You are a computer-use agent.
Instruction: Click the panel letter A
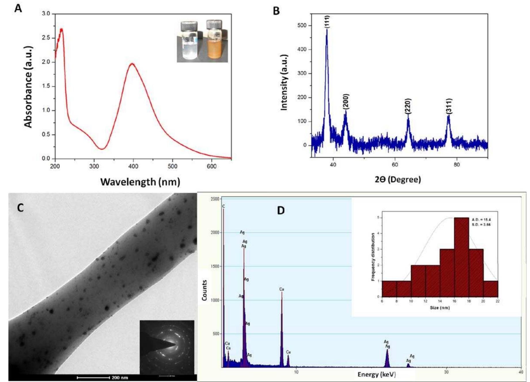tap(18, 9)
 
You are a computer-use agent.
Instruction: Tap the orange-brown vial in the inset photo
tap(215, 43)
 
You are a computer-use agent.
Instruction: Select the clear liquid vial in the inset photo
tap(189, 43)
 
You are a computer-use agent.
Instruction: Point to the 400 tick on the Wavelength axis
tap(133, 166)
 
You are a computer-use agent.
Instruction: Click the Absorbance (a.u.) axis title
tap(28, 87)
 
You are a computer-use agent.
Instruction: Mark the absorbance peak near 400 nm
tap(132, 64)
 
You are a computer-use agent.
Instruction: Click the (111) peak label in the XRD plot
tap(327, 22)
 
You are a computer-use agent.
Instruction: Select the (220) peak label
tap(408, 106)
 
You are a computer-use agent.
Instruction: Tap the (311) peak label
tap(449, 106)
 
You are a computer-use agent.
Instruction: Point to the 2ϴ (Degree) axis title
tap(398, 179)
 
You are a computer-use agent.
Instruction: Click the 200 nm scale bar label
tap(120, 377)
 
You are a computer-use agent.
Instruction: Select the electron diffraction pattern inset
tap(167, 347)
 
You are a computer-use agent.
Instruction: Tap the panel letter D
tap(281, 211)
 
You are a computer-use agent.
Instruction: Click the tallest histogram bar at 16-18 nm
tap(461, 257)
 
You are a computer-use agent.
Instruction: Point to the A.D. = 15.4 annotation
tap(481, 220)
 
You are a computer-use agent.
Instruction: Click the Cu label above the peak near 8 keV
tap(282, 289)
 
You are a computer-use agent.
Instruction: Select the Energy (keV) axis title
tap(377, 375)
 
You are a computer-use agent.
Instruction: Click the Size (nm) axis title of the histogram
tap(440, 308)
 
